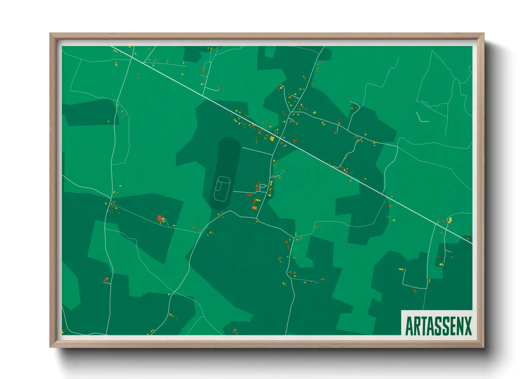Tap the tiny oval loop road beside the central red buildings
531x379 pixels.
tap(262, 186)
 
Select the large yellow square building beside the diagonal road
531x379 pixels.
tap(272, 139)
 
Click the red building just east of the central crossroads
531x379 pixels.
tap(295, 140)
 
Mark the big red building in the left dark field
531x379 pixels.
tap(160, 217)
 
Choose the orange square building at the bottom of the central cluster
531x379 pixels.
tap(254, 208)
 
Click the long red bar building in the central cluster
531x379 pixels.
tap(249, 195)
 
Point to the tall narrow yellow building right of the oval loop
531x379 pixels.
tap(271, 183)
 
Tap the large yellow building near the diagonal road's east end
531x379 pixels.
tap(450, 220)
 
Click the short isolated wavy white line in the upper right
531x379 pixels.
tap(421, 117)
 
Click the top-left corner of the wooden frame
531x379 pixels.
tap(50, 34)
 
